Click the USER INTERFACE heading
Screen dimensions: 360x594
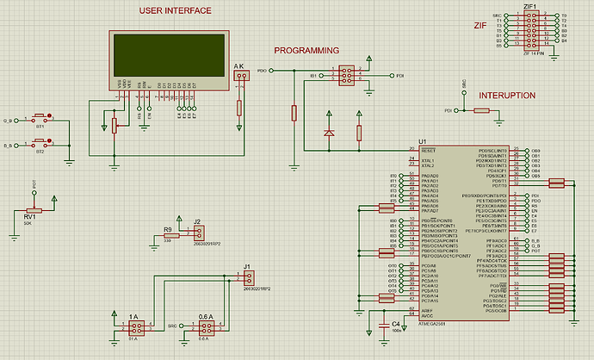pyautogui.click(x=176, y=10)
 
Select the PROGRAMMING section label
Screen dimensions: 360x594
pyautogui.click(x=306, y=51)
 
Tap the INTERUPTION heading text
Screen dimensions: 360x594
pyautogui.click(x=507, y=96)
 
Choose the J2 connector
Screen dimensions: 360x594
pyautogui.click(x=199, y=233)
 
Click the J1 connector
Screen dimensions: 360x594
pyautogui.click(x=249, y=277)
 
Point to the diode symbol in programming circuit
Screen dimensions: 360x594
pyautogui.click(x=328, y=132)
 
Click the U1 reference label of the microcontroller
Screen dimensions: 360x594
pyautogui.click(x=422, y=140)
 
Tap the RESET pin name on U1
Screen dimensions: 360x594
pyautogui.click(x=429, y=149)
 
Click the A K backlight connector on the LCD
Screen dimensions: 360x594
pyautogui.click(x=238, y=78)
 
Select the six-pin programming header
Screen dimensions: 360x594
pyautogui.click(x=345, y=76)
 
